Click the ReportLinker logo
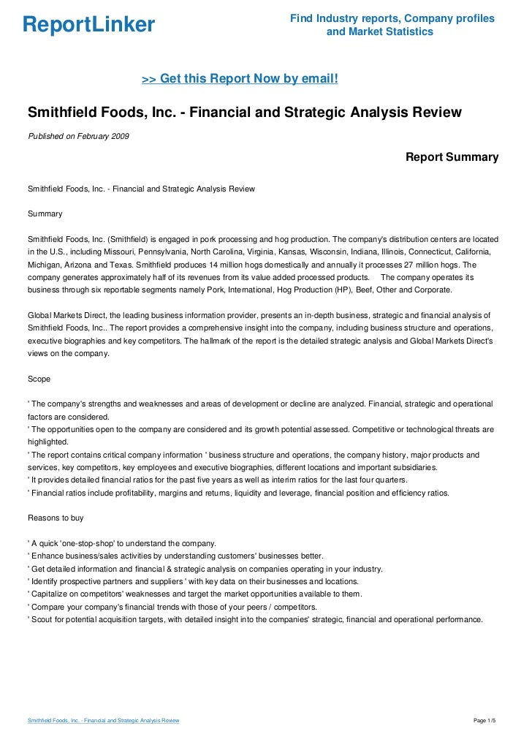point(88,25)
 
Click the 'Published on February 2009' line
point(78,136)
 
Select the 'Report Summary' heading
point(452,157)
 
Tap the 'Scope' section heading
point(39,379)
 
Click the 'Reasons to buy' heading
point(56,518)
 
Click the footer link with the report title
point(103,721)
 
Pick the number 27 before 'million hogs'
point(416,265)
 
